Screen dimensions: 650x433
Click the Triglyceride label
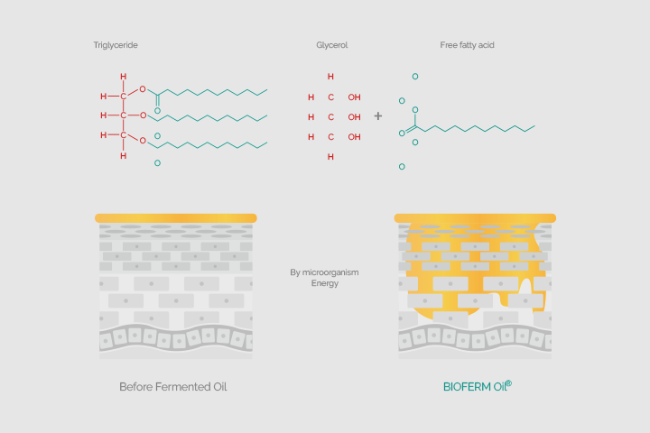pos(116,45)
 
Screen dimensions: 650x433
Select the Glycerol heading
pos(332,45)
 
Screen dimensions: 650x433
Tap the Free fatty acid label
pos(468,45)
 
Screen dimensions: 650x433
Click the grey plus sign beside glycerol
pos(378,116)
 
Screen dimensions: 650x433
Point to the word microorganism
pos(330,272)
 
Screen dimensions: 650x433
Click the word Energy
pos(325,283)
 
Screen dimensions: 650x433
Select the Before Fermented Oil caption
pos(173,387)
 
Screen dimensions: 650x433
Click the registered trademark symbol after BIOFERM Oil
pos(509,383)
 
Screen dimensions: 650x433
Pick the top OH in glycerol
pos(355,97)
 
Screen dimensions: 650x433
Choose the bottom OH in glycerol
pos(355,137)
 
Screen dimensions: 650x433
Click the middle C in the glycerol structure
pos(330,117)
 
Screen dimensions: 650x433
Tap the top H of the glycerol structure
pos(330,77)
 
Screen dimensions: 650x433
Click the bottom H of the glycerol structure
pos(330,157)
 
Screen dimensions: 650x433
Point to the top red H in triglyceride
pos(123,77)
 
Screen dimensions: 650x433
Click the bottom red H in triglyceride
pos(123,156)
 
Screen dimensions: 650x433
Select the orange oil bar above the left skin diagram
pos(176,218)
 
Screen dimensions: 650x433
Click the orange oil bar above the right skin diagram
pos(475,218)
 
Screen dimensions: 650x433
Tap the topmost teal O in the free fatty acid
pos(415,77)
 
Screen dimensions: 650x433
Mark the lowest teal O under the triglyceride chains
pos(157,163)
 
